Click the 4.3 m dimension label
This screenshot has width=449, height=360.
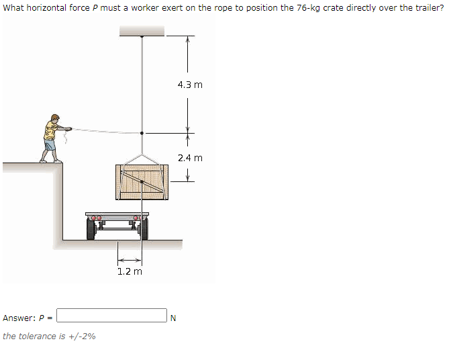190,85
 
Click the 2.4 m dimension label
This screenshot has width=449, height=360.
190,158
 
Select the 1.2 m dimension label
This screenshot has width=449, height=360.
130,271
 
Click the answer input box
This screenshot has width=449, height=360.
111,316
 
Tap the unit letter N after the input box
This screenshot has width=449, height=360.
173,318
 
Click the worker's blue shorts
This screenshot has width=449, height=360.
50,144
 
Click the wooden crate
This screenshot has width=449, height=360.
141,181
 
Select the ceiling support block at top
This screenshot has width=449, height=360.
142,31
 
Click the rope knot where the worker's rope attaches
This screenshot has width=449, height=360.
142,132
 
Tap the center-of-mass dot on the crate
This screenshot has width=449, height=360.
142,181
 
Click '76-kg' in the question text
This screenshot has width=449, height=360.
309,9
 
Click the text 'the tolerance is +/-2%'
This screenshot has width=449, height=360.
49,336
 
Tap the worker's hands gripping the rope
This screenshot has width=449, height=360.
67,128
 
